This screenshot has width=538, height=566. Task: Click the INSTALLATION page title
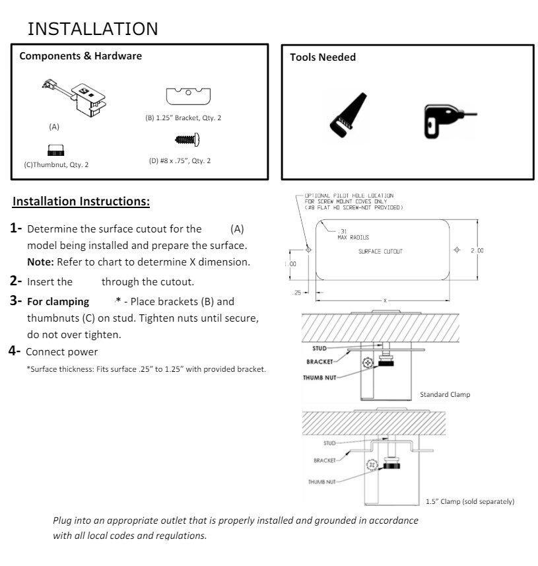point(93,28)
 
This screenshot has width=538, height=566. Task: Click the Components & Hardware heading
point(81,56)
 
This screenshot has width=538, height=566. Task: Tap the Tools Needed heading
point(323,57)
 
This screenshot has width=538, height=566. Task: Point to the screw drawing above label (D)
point(187,139)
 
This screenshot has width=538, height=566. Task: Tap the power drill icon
point(444,118)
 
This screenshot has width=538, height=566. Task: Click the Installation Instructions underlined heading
point(82,200)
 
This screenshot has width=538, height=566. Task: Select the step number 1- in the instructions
point(17,229)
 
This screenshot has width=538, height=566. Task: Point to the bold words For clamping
point(58,302)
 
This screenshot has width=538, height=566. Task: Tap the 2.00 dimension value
point(477,250)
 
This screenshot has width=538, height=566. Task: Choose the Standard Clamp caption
point(445,394)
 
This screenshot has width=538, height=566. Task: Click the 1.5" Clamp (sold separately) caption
point(470,501)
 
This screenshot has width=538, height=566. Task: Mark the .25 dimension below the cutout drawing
point(296,291)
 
